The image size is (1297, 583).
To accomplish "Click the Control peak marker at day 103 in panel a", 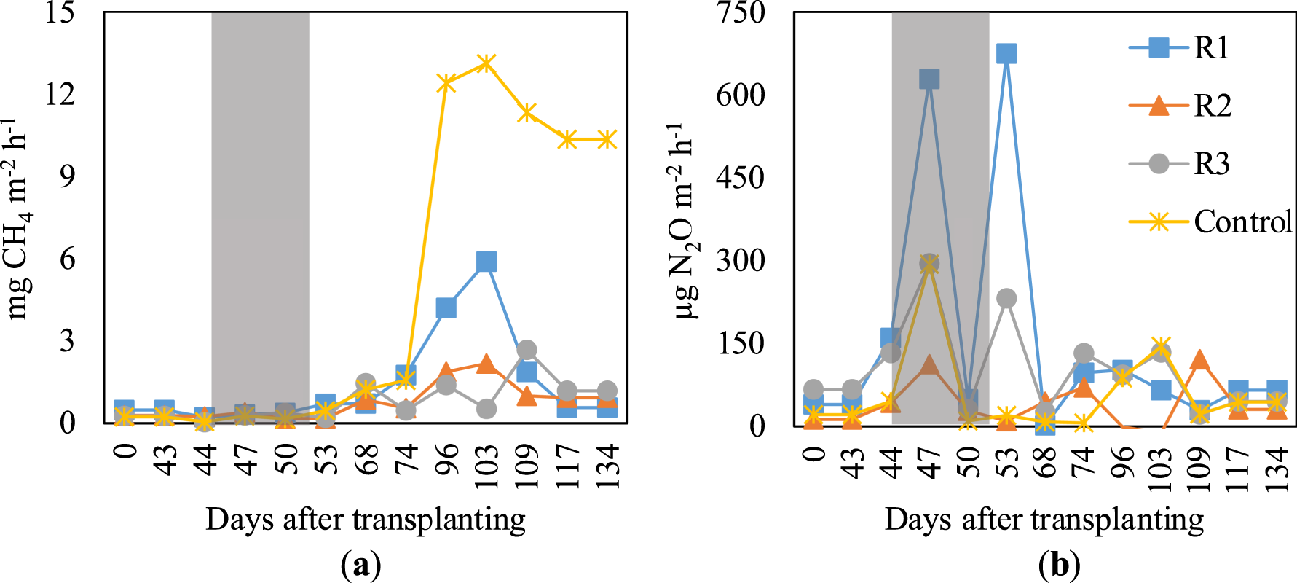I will (486, 63).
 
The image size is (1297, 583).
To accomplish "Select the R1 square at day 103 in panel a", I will (486, 262).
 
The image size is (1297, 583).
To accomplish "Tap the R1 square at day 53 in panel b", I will (1006, 53).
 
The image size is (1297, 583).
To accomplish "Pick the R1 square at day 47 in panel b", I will (929, 79).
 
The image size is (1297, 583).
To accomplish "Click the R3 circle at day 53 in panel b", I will (1006, 298).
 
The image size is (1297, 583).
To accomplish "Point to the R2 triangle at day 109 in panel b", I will (1199, 360).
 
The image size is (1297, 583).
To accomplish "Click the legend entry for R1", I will (1211, 48).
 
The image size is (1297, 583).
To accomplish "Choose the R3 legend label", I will (1212, 164).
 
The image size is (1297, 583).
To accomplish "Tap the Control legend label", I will (1242, 222).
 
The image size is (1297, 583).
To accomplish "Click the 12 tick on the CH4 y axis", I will (60, 93).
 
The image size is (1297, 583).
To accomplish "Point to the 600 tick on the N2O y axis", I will (741, 95).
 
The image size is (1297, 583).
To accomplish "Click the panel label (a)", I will (361, 565).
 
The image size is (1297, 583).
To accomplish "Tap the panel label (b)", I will (1060, 565).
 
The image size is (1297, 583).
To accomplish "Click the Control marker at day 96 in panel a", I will (446, 83).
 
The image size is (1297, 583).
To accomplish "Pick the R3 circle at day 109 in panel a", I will (527, 350).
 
